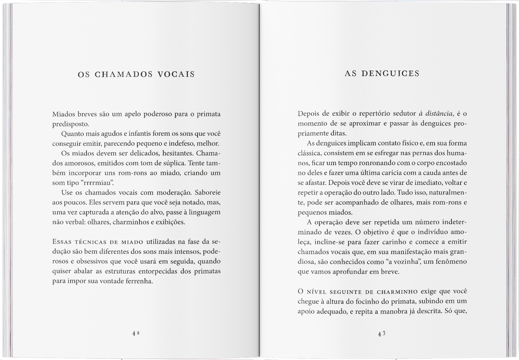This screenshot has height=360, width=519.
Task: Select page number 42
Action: (135, 333)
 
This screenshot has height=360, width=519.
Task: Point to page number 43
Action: (381, 333)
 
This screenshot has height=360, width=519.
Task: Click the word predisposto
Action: (70, 124)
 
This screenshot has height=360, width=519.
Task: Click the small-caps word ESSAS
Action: (62, 242)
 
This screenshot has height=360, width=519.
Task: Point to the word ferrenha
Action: (139, 281)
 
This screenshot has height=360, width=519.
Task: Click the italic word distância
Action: (439, 114)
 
